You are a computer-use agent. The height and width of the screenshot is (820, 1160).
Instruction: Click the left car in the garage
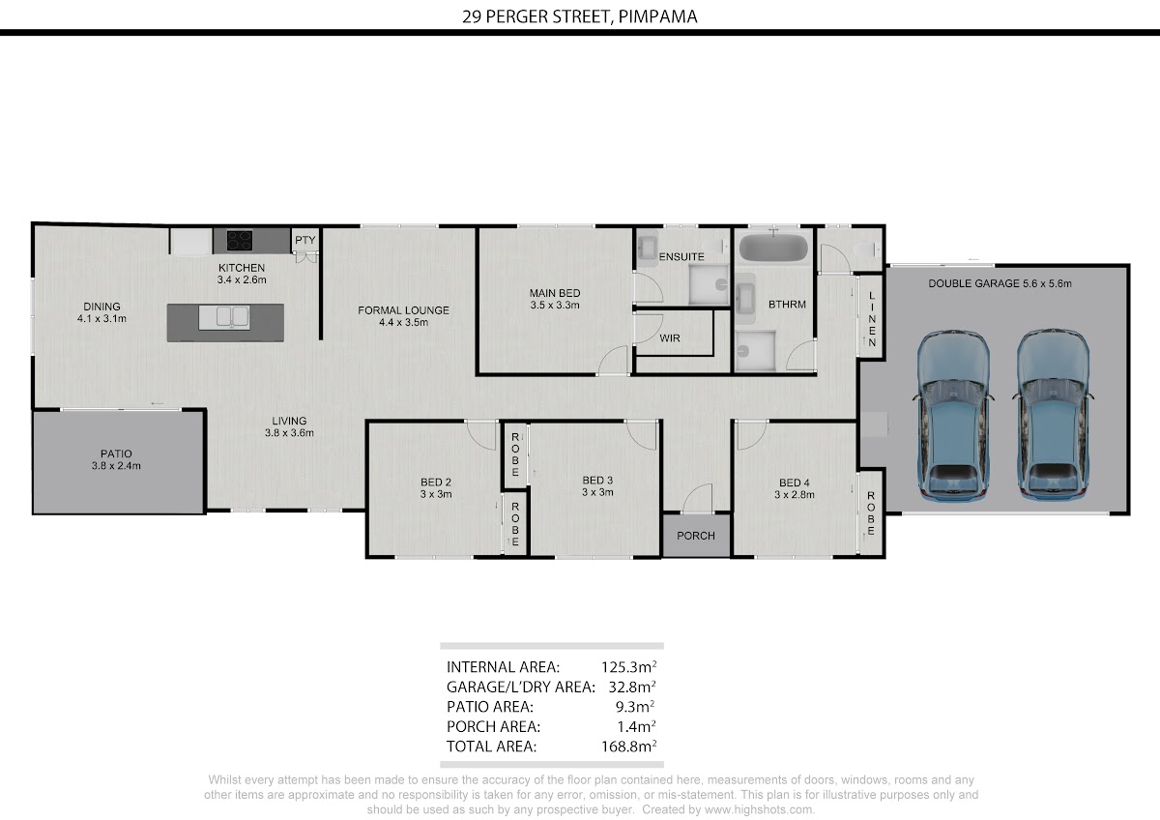coord(953,416)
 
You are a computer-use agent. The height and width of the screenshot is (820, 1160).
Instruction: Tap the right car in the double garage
coord(1053,415)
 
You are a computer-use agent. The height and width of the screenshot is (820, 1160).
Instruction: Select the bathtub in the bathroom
coord(773,249)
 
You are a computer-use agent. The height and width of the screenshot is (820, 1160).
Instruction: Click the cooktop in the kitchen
coord(240,241)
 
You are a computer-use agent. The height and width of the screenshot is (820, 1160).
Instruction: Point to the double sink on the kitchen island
coord(233,316)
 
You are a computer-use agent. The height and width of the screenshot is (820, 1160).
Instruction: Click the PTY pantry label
coord(305,240)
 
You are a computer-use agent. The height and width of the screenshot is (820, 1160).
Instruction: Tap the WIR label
coord(670,338)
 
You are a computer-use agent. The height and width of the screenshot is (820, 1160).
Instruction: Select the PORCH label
coord(695,536)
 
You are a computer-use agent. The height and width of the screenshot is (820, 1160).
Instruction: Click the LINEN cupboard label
coord(872,318)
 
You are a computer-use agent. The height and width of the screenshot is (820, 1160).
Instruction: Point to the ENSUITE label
coord(681,257)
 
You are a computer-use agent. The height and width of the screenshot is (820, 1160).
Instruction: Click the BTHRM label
coord(787,305)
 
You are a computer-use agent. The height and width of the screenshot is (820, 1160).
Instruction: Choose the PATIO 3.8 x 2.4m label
coord(116,459)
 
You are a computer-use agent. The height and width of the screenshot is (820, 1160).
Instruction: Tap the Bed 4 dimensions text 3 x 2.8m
coord(795,495)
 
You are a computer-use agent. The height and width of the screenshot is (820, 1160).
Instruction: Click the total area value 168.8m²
coord(628,746)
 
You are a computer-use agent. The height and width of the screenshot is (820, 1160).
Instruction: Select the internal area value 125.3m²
coord(628,666)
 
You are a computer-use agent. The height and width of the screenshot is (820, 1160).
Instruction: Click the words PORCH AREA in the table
coord(493,727)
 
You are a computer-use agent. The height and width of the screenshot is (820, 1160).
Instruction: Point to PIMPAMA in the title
coord(657,16)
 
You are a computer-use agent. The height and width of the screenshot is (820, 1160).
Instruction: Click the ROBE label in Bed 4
coord(871,512)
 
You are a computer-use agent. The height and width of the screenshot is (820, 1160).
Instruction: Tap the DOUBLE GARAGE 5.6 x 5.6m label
coord(1000,283)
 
